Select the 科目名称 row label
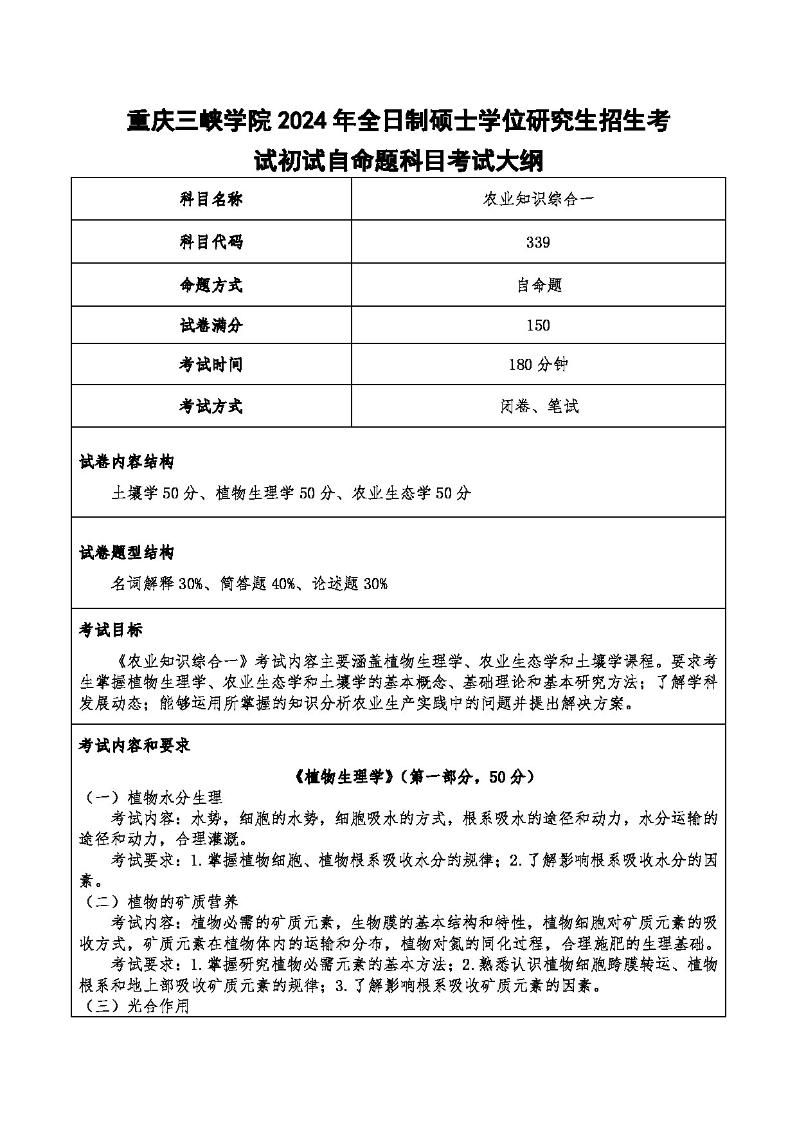click(x=211, y=199)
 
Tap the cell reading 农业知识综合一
click(x=539, y=199)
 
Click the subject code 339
click(x=538, y=242)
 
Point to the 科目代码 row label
click(x=211, y=242)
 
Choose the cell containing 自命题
click(x=539, y=285)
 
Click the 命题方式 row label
click(x=211, y=285)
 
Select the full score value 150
click(x=538, y=325)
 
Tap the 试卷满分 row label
click(x=211, y=325)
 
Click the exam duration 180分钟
click(x=538, y=365)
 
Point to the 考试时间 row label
click(x=211, y=365)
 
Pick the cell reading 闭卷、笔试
click(x=539, y=406)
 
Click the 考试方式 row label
click(x=211, y=406)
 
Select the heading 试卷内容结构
click(x=127, y=462)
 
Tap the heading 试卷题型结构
click(x=127, y=552)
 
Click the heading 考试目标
click(x=111, y=630)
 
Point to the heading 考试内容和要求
click(x=134, y=745)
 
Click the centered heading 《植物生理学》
click(x=345, y=777)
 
